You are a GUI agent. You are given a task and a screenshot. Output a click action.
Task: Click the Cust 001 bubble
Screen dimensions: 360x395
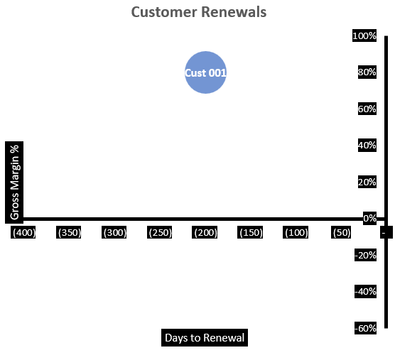pyautogui.click(x=205, y=72)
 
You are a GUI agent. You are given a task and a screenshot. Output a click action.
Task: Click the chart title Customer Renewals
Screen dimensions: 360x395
pyautogui.click(x=199, y=13)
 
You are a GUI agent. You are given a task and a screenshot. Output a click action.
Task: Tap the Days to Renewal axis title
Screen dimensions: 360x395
pyautogui.click(x=205, y=338)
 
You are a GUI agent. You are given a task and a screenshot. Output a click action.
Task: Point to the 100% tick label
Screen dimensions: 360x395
pyautogui.click(x=364, y=36)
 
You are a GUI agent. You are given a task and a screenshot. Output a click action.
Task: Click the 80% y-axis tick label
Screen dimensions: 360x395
pyautogui.click(x=367, y=72)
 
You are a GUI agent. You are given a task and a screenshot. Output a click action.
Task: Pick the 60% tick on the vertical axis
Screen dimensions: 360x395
pyautogui.click(x=367, y=109)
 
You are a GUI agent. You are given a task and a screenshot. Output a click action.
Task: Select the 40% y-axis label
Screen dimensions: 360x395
pyautogui.click(x=367, y=146)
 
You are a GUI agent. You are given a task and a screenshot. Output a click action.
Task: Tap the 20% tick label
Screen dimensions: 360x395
pyautogui.click(x=367, y=182)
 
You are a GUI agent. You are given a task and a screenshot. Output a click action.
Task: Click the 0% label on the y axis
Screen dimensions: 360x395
pyautogui.click(x=369, y=219)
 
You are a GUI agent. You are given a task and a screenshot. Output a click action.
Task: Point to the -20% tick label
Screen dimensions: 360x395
pyautogui.click(x=365, y=255)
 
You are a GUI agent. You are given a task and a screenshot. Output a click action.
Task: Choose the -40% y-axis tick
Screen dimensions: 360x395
pyautogui.click(x=365, y=292)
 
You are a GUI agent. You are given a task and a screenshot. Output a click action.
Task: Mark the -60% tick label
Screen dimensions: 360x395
pyautogui.click(x=365, y=328)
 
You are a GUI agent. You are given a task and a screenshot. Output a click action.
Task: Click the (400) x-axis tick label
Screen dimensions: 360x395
pyautogui.click(x=24, y=233)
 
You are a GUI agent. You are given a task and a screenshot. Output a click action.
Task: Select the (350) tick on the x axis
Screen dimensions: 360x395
pyautogui.click(x=70, y=233)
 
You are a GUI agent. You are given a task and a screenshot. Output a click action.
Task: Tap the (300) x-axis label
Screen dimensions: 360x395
pyautogui.click(x=114, y=233)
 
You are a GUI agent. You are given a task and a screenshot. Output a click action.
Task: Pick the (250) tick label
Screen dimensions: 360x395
pyautogui.click(x=160, y=233)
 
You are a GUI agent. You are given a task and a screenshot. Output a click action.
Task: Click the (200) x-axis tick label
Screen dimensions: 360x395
pyautogui.click(x=205, y=233)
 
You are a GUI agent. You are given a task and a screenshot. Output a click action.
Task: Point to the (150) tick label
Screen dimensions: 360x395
pyautogui.click(x=251, y=233)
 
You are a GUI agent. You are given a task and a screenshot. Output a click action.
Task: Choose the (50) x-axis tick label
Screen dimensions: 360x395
pyautogui.click(x=341, y=233)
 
